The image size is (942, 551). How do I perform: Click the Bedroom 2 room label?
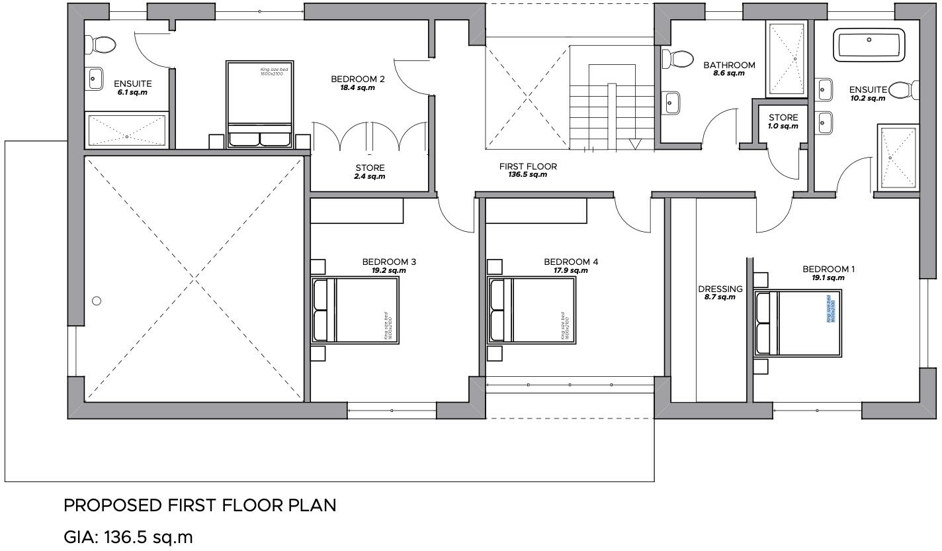tap(358, 79)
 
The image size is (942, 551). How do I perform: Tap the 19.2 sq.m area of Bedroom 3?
tap(388, 271)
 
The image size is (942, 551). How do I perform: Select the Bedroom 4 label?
tap(570, 262)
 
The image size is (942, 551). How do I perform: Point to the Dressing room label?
tap(720, 289)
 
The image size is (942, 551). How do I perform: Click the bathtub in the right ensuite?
tap(869, 44)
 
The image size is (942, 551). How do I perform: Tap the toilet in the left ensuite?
tap(101, 45)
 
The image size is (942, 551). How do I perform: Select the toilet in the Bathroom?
tap(675, 59)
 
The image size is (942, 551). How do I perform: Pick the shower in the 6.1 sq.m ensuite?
tap(126, 130)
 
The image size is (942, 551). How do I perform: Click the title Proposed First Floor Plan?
tap(199, 506)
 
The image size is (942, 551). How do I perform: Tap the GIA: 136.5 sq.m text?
tap(128, 536)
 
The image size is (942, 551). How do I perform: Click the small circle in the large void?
tap(97, 301)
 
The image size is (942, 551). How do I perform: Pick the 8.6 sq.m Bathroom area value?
tap(728, 74)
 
